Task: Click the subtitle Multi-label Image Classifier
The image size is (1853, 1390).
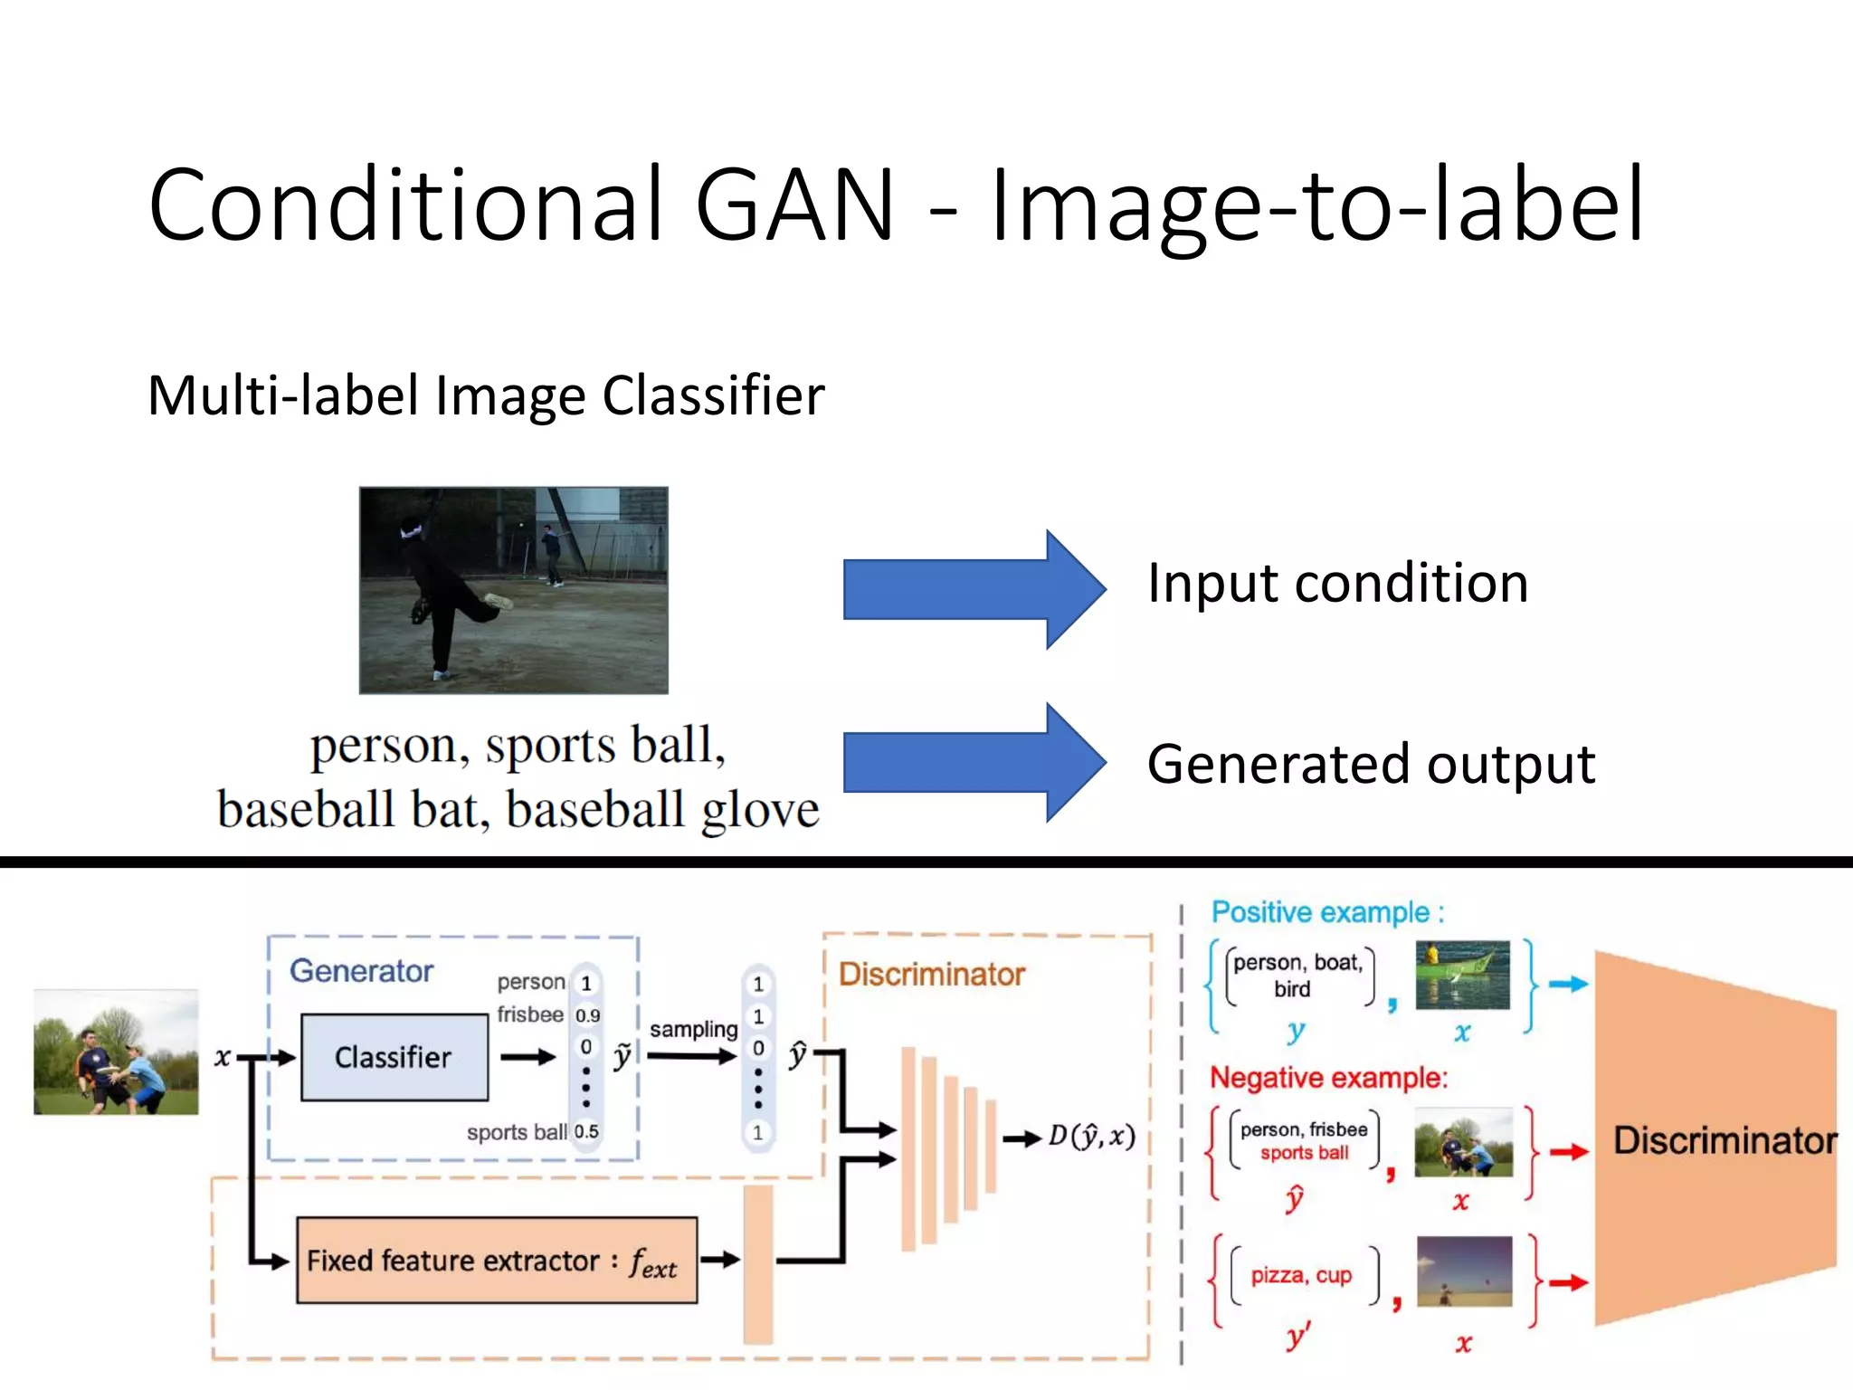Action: pyautogui.click(x=486, y=395)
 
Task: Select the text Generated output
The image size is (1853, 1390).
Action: pyautogui.click(x=1370, y=764)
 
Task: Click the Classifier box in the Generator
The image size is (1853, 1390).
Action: pyautogui.click(x=394, y=1057)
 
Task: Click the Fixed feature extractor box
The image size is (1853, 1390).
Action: pyautogui.click(x=496, y=1261)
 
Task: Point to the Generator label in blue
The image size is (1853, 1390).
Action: pyautogui.click(x=361, y=971)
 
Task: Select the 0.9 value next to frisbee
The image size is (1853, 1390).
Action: pyautogui.click(x=587, y=1015)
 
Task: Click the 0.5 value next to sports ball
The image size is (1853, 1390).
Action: pyautogui.click(x=586, y=1131)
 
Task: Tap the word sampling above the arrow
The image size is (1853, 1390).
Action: pyautogui.click(x=693, y=1029)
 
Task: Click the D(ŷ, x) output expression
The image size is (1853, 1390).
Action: pyautogui.click(x=1091, y=1137)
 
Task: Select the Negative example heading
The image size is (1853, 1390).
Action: pyautogui.click(x=1328, y=1078)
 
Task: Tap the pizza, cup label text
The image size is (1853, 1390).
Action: pyautogui.click(x=1300, y=1275)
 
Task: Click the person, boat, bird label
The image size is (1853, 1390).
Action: pyautogui.click(x=1297, y=975)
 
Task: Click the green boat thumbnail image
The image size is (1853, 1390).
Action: pyautogui.click(x=1462, y=975)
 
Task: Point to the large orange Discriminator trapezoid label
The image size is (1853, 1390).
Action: pyautogui.click(x=1725, y=1140)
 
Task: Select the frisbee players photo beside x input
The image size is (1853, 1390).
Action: pyautogui.click(x=116, y=1052)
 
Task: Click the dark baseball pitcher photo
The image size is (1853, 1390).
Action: pyautogui.click(x=513, y=590)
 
